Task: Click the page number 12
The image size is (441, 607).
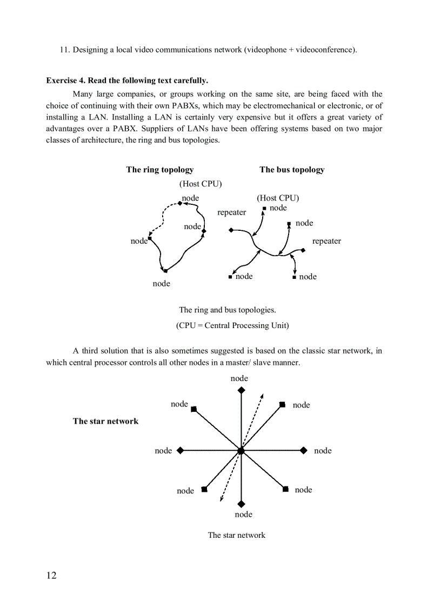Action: pyautogui.click(x=51, y=575)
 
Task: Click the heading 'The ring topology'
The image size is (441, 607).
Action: pyautogui.click(x=159, y=170)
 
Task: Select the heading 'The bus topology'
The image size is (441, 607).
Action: pyautogui.click(x=292, y=170)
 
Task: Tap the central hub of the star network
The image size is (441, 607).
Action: pyautogui.click(x=241, y=450)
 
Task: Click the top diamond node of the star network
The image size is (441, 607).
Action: pyautogui.click(x=241, y=390)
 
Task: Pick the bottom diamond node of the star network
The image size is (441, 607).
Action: pyautogui.click(x=241, y=504)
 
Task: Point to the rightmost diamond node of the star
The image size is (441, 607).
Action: pyautogui.click(x=304, y=450)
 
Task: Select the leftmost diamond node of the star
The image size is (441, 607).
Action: pyautogui.click(x=180, y=450)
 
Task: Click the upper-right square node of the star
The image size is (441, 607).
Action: pyautogui.click(x=282, y=404)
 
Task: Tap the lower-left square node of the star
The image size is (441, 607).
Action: pyautogui.click(x=204, y=490)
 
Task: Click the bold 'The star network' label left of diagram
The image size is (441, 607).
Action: pyautogui.click(x=105, y=421)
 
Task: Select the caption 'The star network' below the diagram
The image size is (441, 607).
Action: pyautogui.click(x=237, y=535)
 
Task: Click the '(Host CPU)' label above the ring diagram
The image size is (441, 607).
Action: pyautogui.click(x=201, y=184)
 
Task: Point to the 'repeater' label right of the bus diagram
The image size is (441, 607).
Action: pyautogui.click(x=326, y=241)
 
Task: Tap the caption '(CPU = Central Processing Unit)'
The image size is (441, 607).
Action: pyautogui.click(x=232, y=325)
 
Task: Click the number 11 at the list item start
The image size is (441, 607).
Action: pyautogui.click(x=64, y=50)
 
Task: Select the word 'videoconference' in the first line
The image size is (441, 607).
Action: pyautogui.click(x=324, y=50)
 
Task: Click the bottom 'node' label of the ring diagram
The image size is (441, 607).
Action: pyautogui.click(x=161, y=284)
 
